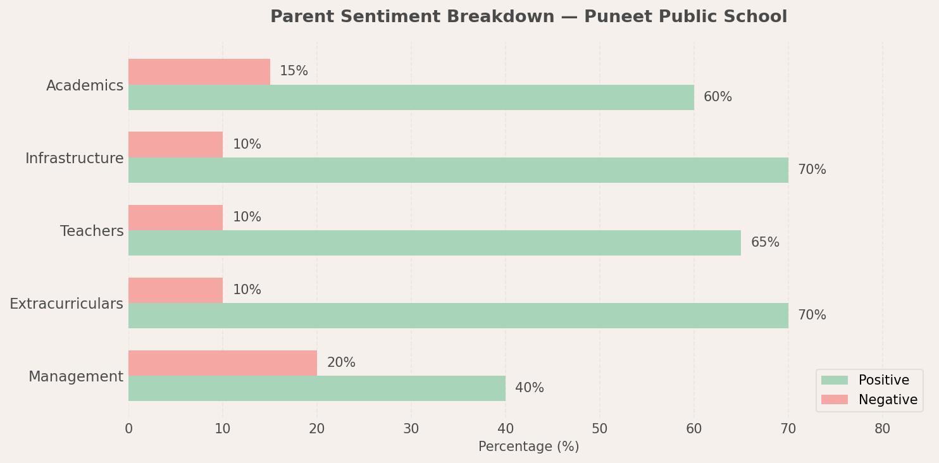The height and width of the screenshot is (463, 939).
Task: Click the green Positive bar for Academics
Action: pyautogui.click(x=411, y=97)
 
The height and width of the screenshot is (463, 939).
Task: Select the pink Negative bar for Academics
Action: pyautogui.click(x=199, y=71)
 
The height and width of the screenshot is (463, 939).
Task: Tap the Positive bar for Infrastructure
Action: pyautogui.click(x=458, y=170)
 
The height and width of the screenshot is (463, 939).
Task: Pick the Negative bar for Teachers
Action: pyautogui.click(x=175, y=217)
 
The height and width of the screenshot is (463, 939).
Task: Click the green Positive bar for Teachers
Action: pyautogui.click(x=435, y=243)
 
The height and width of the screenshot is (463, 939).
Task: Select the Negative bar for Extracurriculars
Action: pyautogui.click(x=175, y=290)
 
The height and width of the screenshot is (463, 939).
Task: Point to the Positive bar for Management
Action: pyautogui.click(x=316, y=388)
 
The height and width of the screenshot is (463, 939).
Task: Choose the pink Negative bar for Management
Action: pyautogui.click(x=223, y=362)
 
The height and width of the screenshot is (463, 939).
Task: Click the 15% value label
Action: pyautogui.click(x=294, y=71)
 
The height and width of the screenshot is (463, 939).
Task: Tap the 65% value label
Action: pyautogui.click(x=765, y=243)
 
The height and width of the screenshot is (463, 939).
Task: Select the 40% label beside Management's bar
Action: pyautogui.click(x=529, y=388)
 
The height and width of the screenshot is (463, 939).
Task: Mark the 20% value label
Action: pyautogui.click(x=341, y=363)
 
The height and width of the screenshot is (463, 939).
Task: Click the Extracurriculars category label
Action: pyautogui.click(x=66, y=304)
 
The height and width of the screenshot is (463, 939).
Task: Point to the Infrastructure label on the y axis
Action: pyautogui.click(x=74, y=159)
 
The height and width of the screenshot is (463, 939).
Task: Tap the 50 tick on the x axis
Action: pyautogui.click(x=599, y=429)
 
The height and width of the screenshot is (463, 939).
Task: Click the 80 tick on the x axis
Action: pyautogui.click(x=882, y=429)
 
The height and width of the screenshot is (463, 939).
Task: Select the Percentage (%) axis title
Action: pyautogui.click(x=528, y=447)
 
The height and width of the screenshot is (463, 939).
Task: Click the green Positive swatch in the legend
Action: pyautogui.click(x=834, y=380)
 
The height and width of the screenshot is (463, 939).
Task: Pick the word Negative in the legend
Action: pyautogui.click(x=887, y=400)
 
